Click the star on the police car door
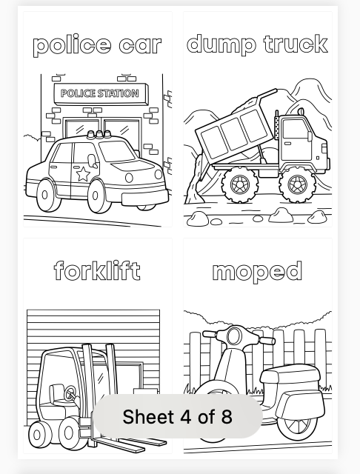pyautogui.click(x=83, y=174)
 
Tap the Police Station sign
pyautogui.click(x=101, y=94)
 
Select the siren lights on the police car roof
pyautogui.click(x=99, y=135)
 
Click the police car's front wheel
pyautogui.click(x=97, y=196)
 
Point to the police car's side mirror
pyautogui.click(x=93, y=161)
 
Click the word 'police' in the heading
pyautogui.click(x=71, y=45)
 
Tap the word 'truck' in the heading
pyautogui.click(x=296, y=44)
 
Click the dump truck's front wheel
pyautogui.click(x=297, y=184)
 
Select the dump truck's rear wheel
pyautogui.click(x=240, y=184)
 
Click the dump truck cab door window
pyautogui.click(x=296, y=129)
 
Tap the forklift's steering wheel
pyautogui.click(x=71, y=393)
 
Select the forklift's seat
pyautogui.click(x=57, y=395)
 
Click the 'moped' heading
pyautogui.click(x=257, y=271)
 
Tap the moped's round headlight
pyautogui.click(x=233, y=336)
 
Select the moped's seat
pyautogui.click(x=290, y=375)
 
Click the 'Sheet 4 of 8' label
pyautogui.click(x=178, y=416)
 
